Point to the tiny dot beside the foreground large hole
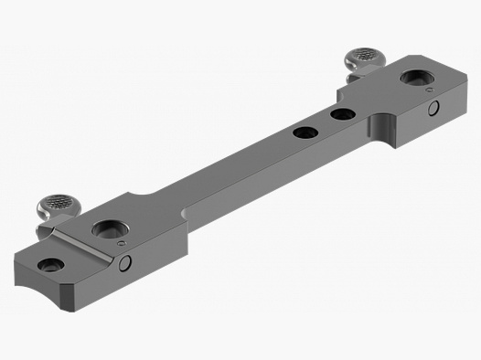122,245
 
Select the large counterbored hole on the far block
421,80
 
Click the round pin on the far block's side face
433,111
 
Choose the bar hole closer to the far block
343,114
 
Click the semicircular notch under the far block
386,128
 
